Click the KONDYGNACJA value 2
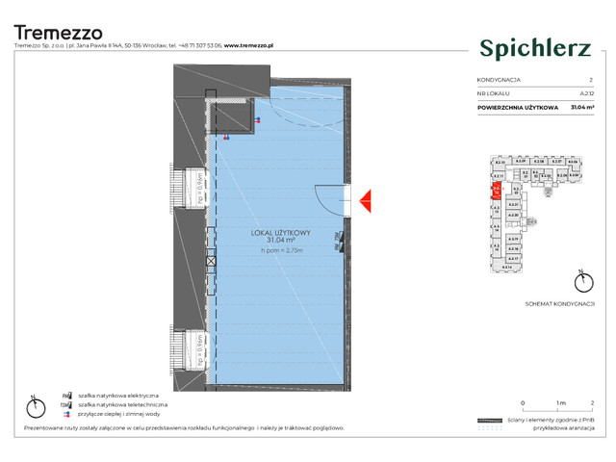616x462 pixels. click(x=591, y=80)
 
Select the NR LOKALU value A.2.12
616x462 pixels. click(x=585, y=93)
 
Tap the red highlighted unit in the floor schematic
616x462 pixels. click(x=497, y=189)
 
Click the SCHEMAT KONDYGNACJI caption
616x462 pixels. click(x=560, y=302)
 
